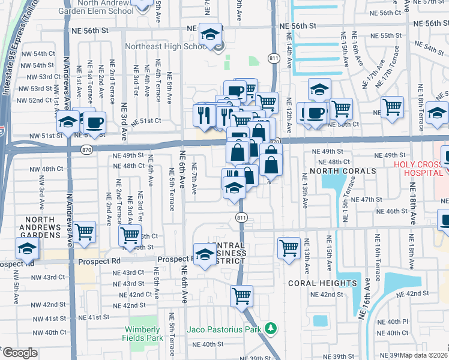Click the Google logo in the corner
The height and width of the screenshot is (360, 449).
(x=19, y=353)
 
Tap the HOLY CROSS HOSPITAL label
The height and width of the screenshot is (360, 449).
(x=420, y=169)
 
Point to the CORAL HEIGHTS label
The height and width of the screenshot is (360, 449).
(x=322, y=283)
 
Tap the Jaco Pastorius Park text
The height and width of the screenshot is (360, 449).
(x=224, y=329)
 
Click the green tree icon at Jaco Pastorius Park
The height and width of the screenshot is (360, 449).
(x=271, y=329)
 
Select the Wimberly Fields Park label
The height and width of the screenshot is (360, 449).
(x=143, y=334)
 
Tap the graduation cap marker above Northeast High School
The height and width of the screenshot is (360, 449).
(x=211, y=34)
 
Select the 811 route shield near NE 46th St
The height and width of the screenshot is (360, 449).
(x=241, y=217)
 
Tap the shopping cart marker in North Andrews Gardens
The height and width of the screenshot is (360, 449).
(x=85, y=230)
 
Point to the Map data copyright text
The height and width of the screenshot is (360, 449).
(x=424, y=355)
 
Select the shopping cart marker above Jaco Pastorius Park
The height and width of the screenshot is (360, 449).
(x=241, y=295)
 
